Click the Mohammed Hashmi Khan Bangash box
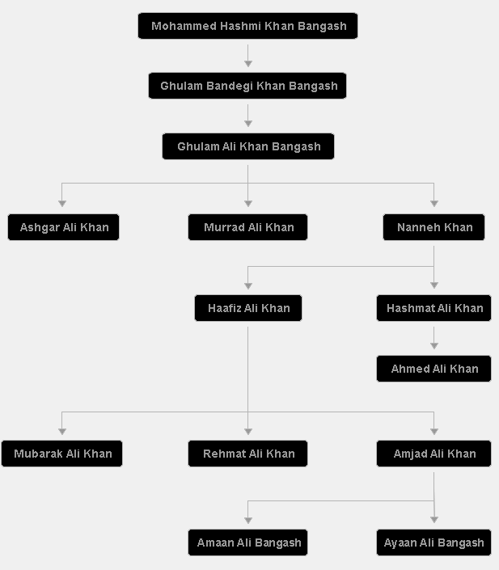pos(247,26)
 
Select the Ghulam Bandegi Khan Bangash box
pos(247,86)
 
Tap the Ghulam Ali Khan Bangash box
pos(248,146)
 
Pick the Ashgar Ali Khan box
pos(63,227)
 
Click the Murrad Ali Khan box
pos(247,227)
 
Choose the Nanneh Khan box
pos(434,227)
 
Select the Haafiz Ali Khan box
pos(248,308)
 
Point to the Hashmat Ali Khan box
pos(434,308)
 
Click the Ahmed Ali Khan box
pos(434,369)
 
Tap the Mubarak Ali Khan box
pos(61,454)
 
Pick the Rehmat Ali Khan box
pos(247,454)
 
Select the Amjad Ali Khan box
pos(434,454)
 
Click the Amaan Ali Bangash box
pos(247,543)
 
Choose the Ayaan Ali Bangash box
pos(434,543)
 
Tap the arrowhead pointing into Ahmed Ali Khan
pos(434,346)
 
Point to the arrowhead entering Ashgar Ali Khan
pos(62,204)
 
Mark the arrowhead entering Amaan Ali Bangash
pos(248,521)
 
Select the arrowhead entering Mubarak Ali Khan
pos(62,432)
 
